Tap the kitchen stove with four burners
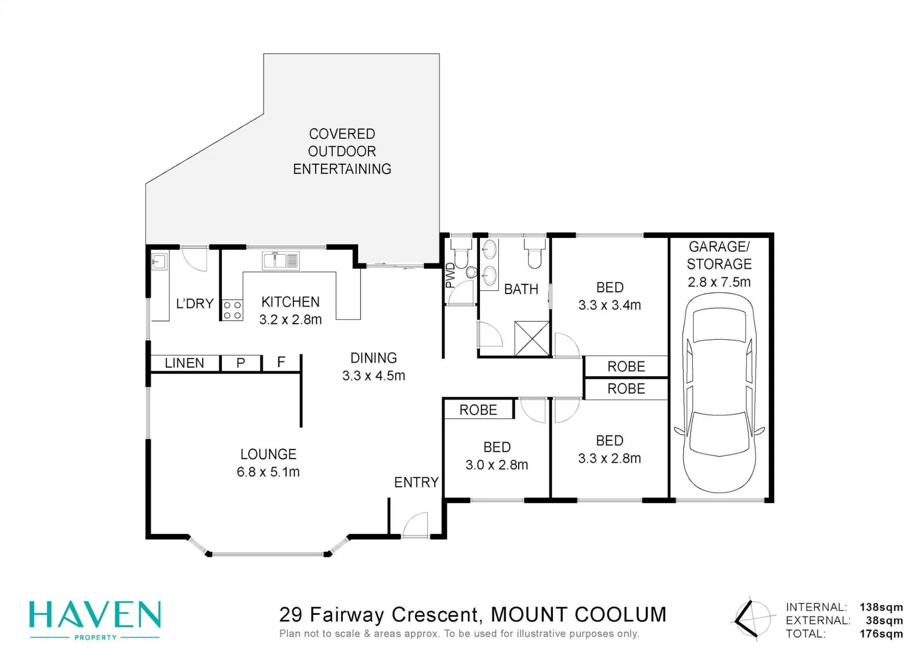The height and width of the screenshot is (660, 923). click(232, 310)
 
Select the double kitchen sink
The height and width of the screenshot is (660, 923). click(281, 261)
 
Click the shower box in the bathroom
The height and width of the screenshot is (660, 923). click(532, 339)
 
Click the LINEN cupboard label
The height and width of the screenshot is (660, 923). click(184, 363)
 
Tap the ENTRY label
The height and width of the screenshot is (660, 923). click(416, 482)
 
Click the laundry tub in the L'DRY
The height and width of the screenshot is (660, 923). click(158, 262)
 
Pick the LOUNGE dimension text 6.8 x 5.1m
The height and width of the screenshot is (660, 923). click(268, 472)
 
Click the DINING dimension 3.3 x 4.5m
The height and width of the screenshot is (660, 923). click(374, 376)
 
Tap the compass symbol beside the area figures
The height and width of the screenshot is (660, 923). click(751, 618)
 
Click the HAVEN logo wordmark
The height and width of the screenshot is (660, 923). click(95, 615)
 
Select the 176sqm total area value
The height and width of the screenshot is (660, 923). click(881, 634)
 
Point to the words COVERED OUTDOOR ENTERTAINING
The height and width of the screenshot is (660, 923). click(342, 151)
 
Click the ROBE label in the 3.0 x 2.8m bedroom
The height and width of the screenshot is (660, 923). click(478, 410)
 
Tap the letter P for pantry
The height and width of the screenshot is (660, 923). click(240, 363)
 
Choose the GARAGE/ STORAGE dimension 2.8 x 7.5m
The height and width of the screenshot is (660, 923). click(719, 282)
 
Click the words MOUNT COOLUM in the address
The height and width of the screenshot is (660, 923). click(579, 615)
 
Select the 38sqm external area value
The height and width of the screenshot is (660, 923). click(884, 620)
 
